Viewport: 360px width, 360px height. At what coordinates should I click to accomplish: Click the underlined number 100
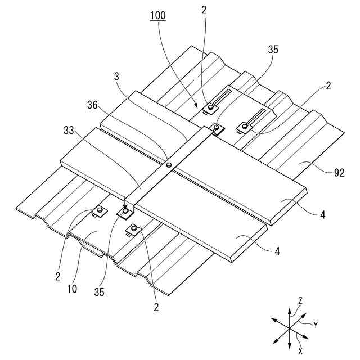pos(157,15)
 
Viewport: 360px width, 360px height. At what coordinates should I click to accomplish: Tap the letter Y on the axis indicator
pos(316,325)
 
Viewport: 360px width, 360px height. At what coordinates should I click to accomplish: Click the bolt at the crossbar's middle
pos(169,165)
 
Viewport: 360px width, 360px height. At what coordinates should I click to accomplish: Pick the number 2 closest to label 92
pos(328,86)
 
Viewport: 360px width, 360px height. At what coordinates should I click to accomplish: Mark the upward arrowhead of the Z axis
pos(289,309)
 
